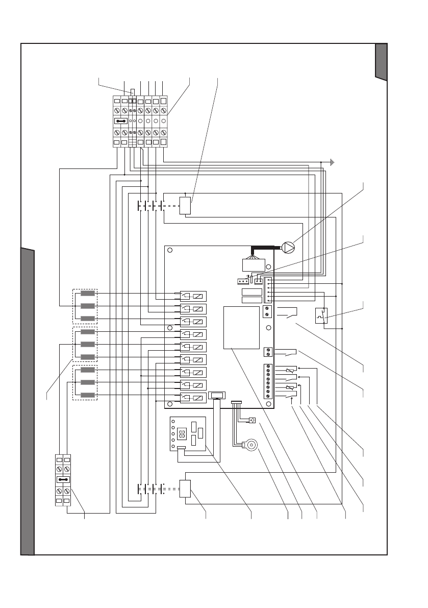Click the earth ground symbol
pyautogui.click(x=332, y=162)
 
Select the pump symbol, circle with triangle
pyautogui.click(x=288, y=249)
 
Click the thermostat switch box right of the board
pyautogui.click(x=322, y=316)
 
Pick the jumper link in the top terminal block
pyautogui.click(x=121, y=121)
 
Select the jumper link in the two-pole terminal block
pyautogui.click(x=62, y=480)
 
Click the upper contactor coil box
pyautogui.click(x=185, y=206)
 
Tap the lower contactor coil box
pyautogui.click(x=185, y=488)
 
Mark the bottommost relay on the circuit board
pyautogui.click(x=193, y=398)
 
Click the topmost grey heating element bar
pyautogui.click(x=88, y=294)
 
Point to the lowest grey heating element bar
pyautogui.click(x=88, y=395)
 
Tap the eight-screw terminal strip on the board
pyautogui.click(x=268, y=381)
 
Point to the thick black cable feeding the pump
pyautogui.click(x=265, y=248)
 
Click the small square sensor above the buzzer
pyautogui.click(x=251, y=421)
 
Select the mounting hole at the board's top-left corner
pyautogui.click(x=170, y=251)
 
